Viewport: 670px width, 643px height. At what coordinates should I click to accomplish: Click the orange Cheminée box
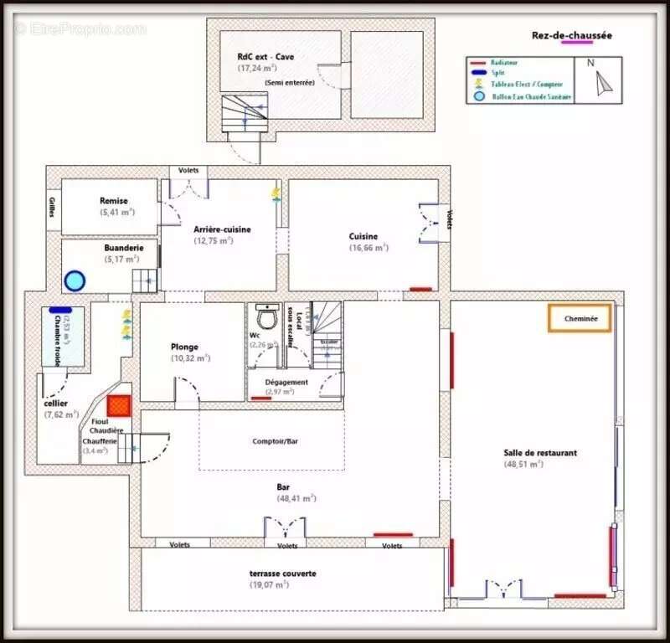click(x=580, y=318)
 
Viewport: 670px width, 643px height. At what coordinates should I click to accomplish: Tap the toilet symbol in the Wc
click(x=267, y=317)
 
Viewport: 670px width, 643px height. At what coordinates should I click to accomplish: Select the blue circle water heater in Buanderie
click(x=75, y=280)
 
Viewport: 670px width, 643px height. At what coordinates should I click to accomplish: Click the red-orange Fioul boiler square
click(x=120, y=406)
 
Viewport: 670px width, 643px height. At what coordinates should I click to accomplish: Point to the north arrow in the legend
click(x=603, y=82)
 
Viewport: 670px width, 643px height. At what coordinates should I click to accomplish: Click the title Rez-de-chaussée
click(x=571, y=35)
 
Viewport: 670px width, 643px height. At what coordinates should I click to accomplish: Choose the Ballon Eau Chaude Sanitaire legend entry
click(x=519, y=96)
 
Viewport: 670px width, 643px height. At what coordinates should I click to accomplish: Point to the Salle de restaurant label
click(x=539, y=453)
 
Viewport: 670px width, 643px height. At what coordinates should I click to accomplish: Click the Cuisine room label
click(x=363, y=236)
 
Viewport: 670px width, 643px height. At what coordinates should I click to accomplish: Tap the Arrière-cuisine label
click(x=222, y=229)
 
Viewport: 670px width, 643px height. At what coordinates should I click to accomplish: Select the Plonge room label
click(x=184, y=347)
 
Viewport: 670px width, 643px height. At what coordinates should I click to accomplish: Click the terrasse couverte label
click(x=282, y=574)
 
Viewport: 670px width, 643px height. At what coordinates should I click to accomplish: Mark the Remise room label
click(x=114, y=201)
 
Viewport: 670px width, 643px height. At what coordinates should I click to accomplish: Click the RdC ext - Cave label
click(x=265, y=57)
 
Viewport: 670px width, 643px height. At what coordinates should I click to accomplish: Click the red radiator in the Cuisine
click(x=420, y=290)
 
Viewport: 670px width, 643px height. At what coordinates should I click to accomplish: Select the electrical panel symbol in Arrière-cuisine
click(x=276, y=195)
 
